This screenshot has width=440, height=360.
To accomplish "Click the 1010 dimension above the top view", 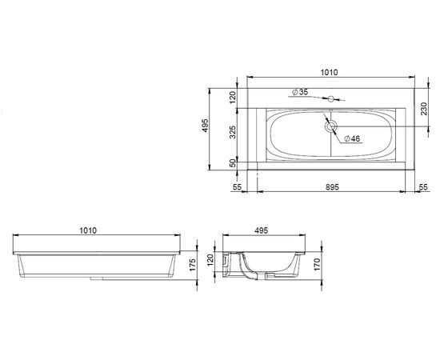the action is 329,72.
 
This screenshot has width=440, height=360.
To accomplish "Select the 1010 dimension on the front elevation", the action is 88,230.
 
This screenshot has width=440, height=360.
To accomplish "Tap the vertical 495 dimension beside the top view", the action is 205,126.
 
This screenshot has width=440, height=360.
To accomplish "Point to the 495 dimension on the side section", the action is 262,230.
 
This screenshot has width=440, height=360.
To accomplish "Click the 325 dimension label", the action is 233,132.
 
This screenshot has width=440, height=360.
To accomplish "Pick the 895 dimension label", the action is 332,187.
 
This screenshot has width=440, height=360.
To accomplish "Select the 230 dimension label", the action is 424,109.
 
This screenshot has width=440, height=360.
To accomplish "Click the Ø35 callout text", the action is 300,92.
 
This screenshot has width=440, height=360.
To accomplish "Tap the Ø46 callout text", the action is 352,138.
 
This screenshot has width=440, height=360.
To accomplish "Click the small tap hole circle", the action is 331,98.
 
